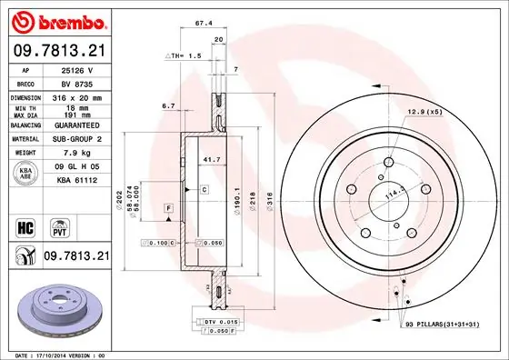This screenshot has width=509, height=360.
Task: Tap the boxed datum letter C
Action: click(205, 189)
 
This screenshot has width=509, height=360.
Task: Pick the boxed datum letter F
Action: click(168, 209)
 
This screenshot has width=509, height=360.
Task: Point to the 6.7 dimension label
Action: click(168, 106)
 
